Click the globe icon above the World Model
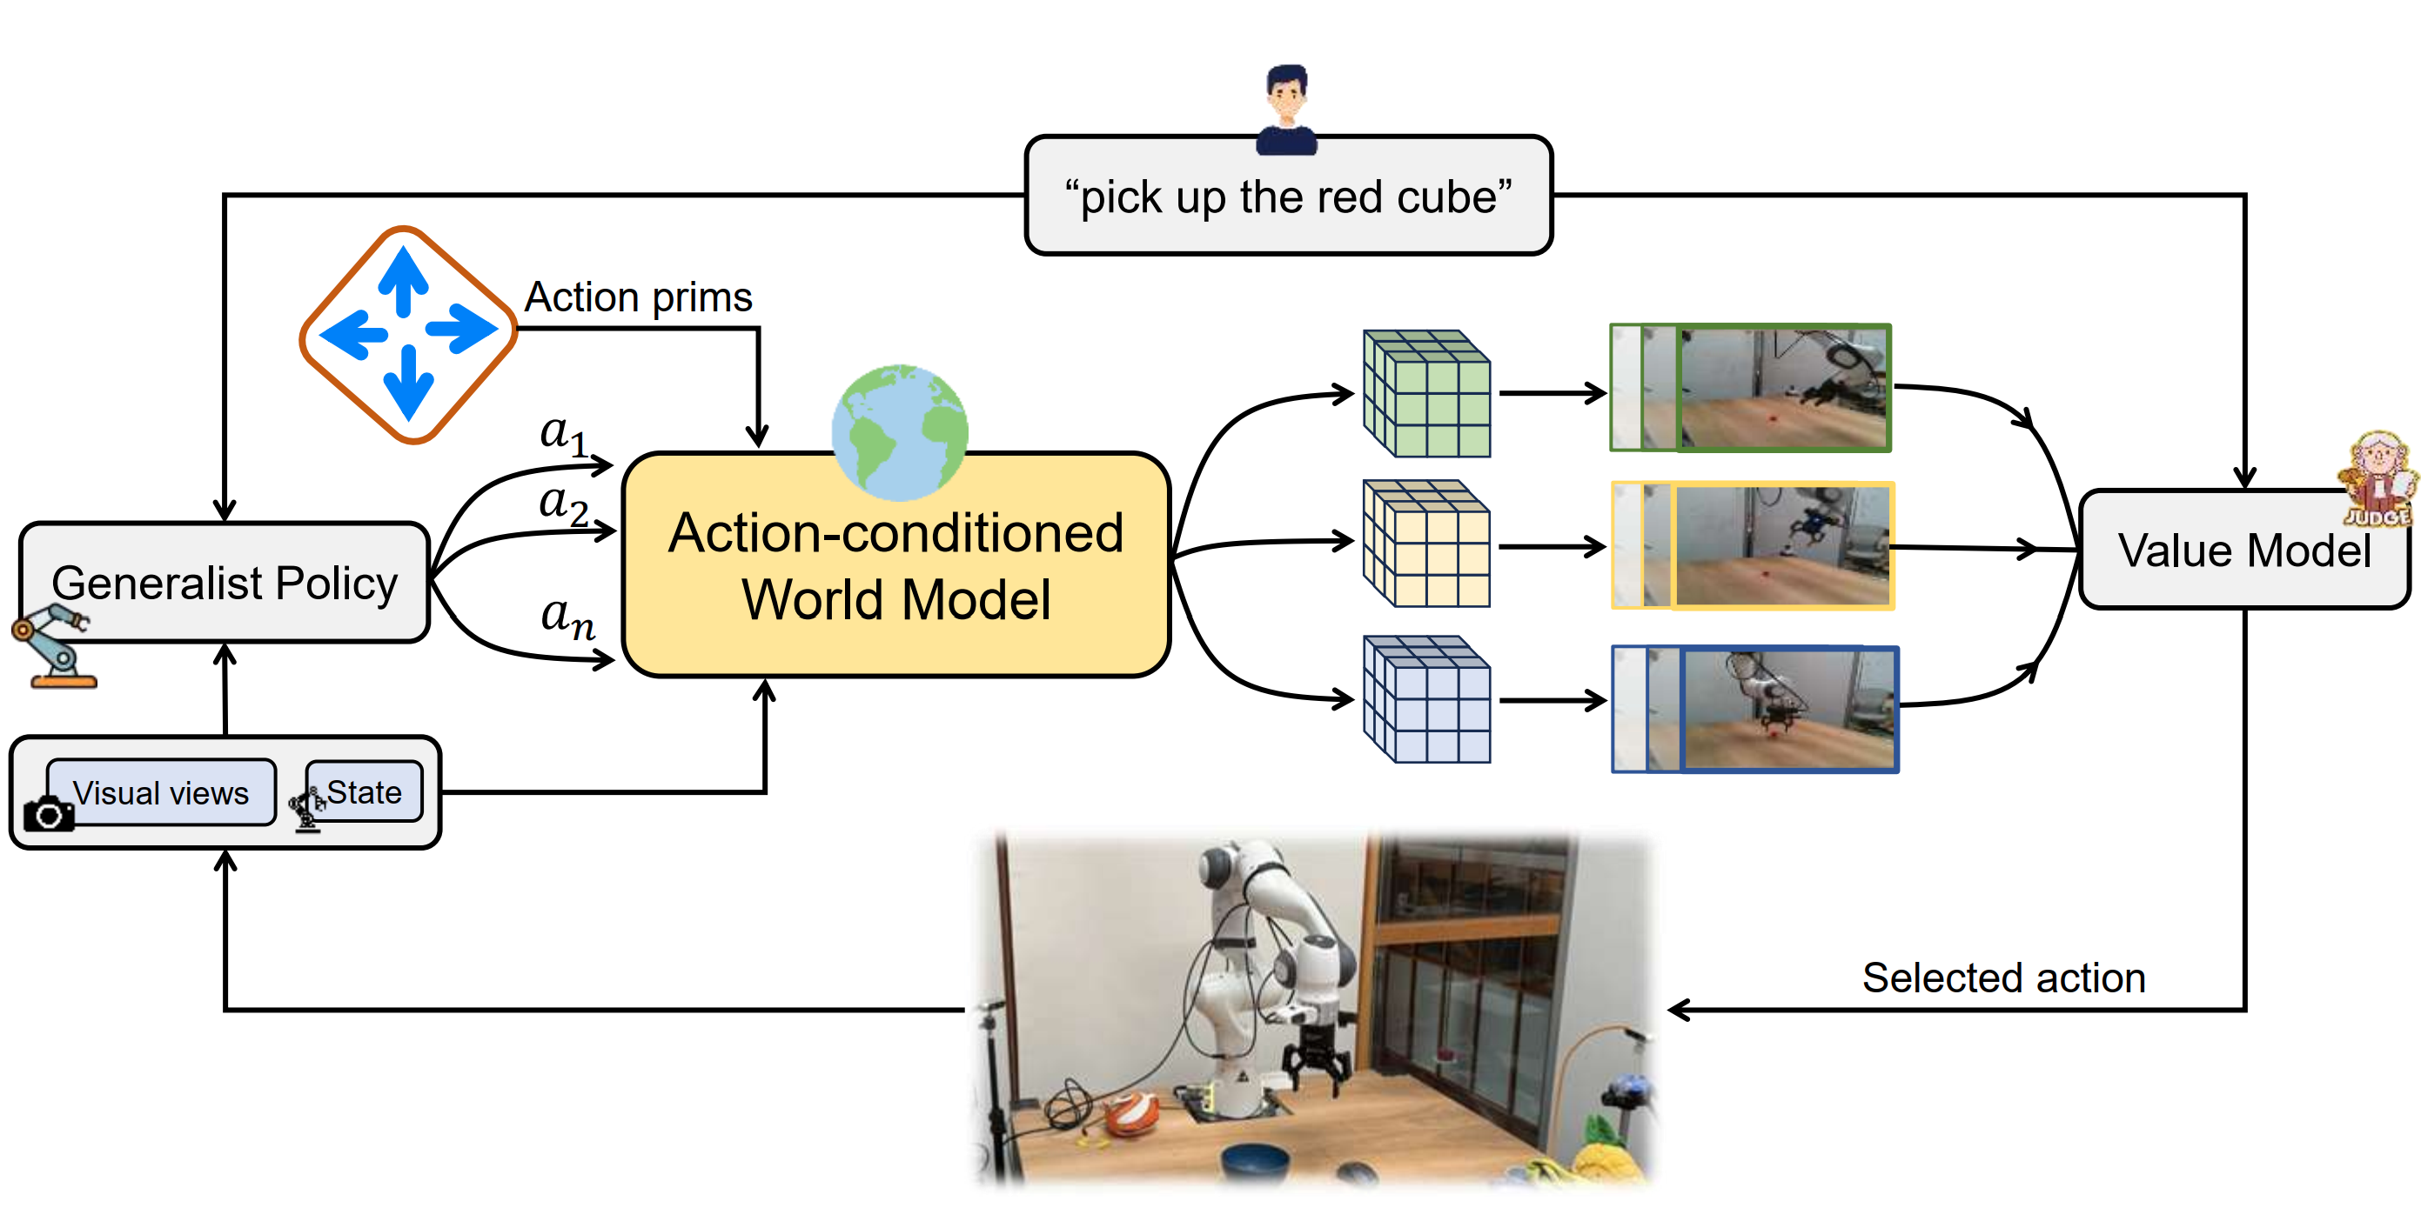click(x=900, y=432)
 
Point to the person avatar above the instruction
click(x=1286, y=108)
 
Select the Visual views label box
click(x=161, y=793)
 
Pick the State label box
click(x=364, y=792)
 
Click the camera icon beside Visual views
click(x=48, y=814)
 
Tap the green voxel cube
click(x=1425, y=393)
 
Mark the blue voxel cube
click(x=1425, y=699)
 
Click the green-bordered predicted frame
click(x=1751, y=388)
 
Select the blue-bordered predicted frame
click(x=1754, y=710)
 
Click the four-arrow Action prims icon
click(x=408, y=334)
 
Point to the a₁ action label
click(x=564, y=434)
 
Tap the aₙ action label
click(x=567, y=617)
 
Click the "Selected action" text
click(x=2003, y=978)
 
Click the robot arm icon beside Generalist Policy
click(x=55, y=646)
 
